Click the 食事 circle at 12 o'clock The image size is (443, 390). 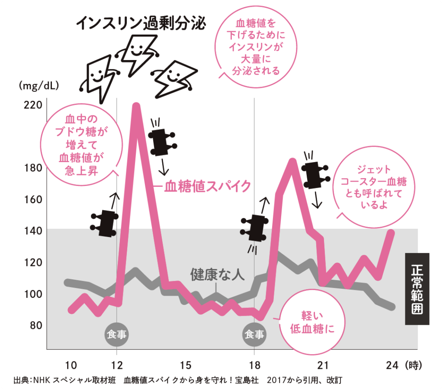[x=116, y=334]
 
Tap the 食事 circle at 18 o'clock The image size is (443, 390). [x=254, y=334]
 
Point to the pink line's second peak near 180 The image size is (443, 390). [x=292, y=162]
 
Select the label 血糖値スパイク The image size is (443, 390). [x=207, y=186]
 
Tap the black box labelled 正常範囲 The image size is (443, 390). [x=417, y=288]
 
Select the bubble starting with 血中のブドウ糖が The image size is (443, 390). [x=81, y=145]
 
